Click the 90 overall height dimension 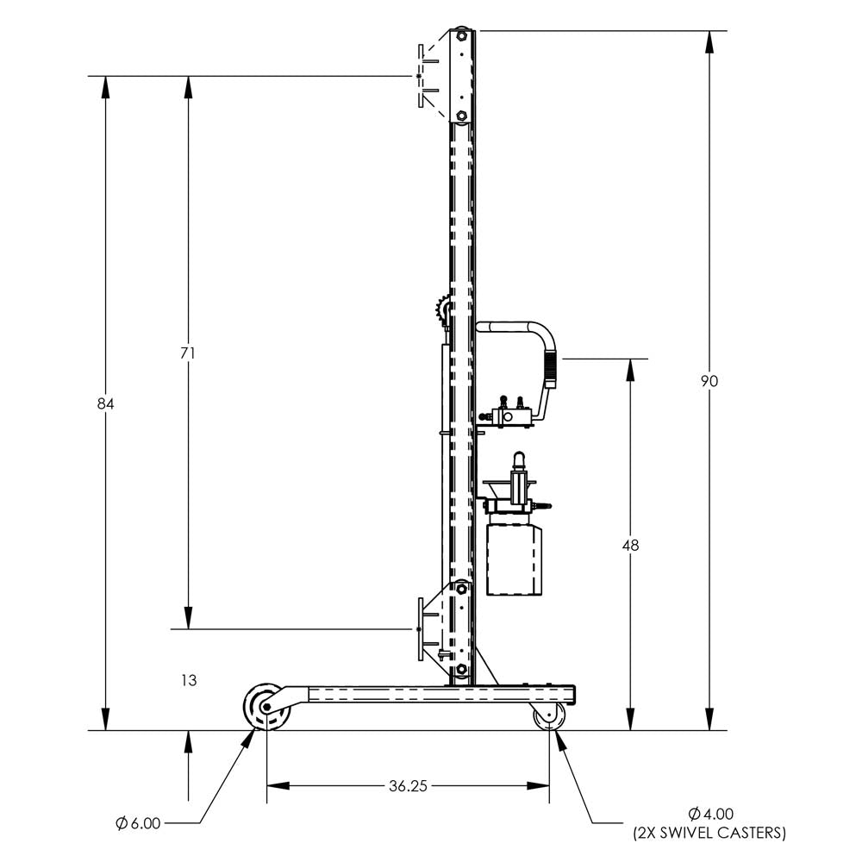pos(709,381)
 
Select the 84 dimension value pos(106,403)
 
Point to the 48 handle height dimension pos(630,545)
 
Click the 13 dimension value pos(189,680)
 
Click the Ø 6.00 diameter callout pos(139,823)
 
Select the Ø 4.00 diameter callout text pos(711,813)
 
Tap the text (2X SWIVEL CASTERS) pos(709,833)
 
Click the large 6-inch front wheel pos(265,708)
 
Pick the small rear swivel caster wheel pos(548,715)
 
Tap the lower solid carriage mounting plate pos(421,629)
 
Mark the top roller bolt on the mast pos(462,37)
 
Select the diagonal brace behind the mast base pos(487,665)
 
